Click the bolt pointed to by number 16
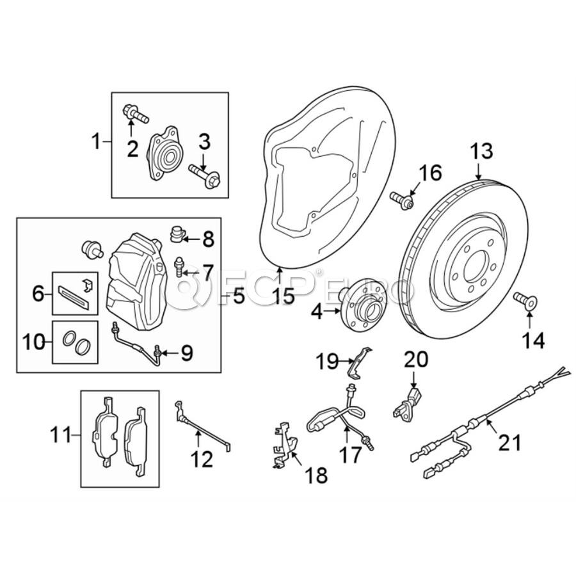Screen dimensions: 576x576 pyautogui.click(x=403, y=200)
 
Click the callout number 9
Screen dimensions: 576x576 pyautogui.click(x=186, y=351)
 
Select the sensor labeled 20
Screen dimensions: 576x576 pyautogui.click(x=408, y=401)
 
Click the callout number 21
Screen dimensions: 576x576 pyautogui.click(x=510, y=442)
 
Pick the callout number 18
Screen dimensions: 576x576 pyautogui.click(x=316, y=475)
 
